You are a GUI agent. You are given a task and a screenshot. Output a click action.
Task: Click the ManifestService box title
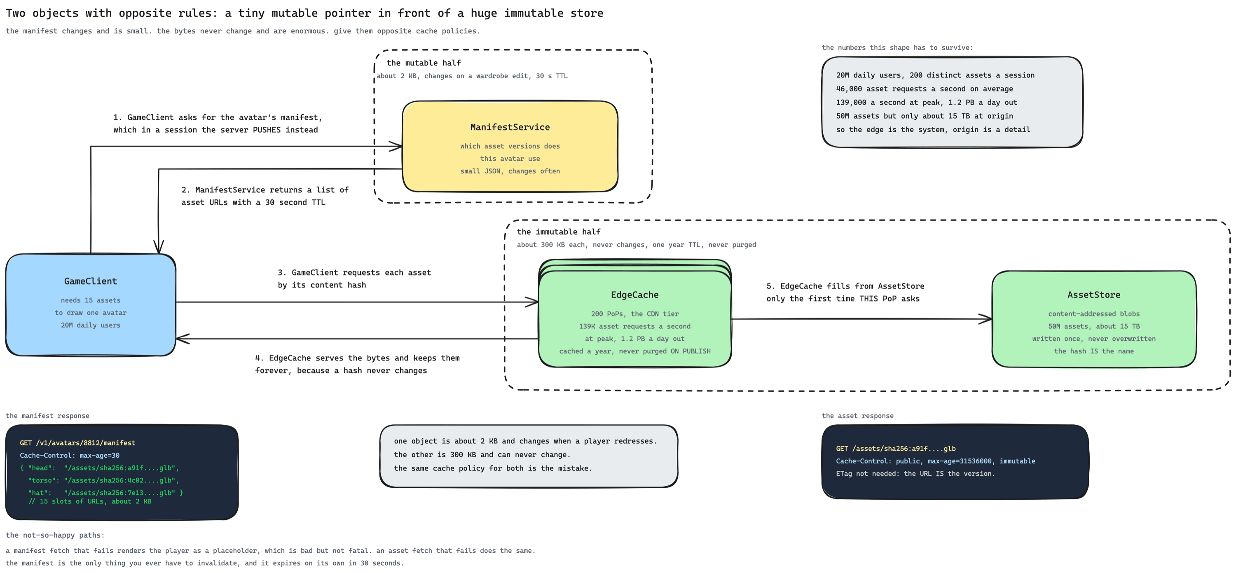tap(510, 127)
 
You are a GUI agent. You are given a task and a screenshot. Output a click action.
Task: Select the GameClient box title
tap(91, 281)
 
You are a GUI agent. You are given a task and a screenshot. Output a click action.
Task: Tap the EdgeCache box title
tap(635, 295)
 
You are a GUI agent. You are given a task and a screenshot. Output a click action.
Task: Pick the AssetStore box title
tap(1094, 295)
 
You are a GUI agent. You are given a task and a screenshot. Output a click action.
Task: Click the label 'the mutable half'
tap(424, 63)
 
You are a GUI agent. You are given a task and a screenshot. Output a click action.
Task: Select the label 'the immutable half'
tap(559, 232)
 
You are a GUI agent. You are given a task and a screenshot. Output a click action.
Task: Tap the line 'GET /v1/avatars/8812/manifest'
tap(77, 443)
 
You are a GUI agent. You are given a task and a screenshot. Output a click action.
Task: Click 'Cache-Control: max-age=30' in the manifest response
tap(70, 456)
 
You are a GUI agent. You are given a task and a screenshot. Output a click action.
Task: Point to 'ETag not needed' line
tap(915, 474)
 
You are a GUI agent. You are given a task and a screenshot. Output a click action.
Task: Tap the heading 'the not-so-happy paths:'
tap(55, 535)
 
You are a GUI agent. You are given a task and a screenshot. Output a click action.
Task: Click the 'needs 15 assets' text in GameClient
tap(91, 300)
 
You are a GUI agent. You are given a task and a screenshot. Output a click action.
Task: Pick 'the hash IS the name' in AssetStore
tap(1094, 351)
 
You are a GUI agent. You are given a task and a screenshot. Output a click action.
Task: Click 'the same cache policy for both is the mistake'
tap(493, 468)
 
